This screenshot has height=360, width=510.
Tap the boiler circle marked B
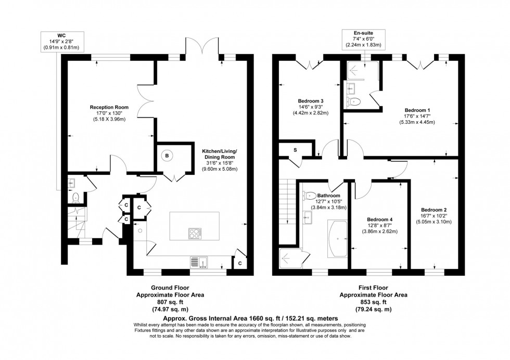pyautogui.click(x=167, y=156)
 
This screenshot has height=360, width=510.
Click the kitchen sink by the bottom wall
pyautogui.click(x=199, y=261)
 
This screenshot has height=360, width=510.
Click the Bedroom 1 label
pyautogui.click(x=417, y=110)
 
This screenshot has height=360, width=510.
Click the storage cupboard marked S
pyautogui.click(x=295, y=150)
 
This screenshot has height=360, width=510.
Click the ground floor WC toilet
pyautogui.click(x=76, y=197)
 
